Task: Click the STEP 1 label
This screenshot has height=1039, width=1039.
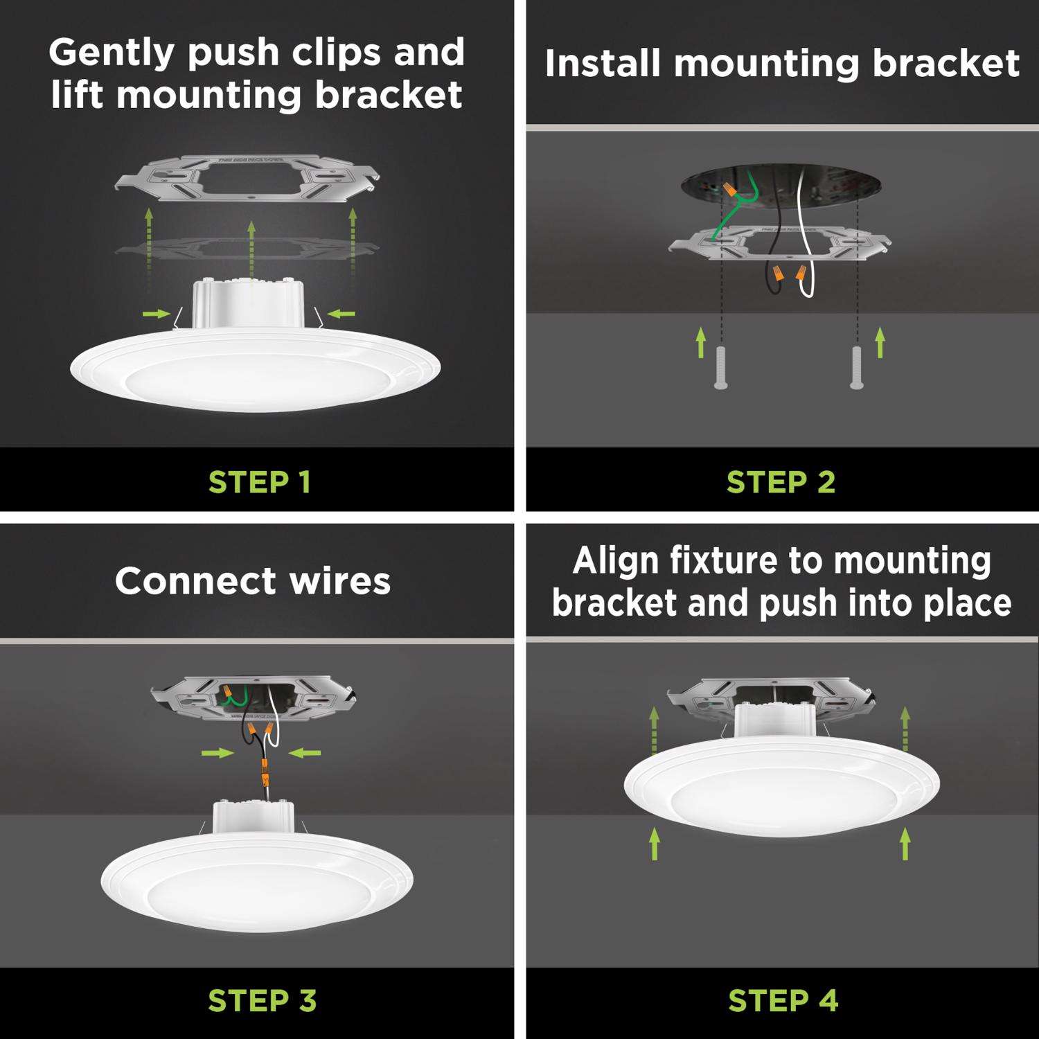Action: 259,482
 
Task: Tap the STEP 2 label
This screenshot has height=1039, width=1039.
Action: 781,482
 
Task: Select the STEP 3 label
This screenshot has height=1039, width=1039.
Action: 262,1001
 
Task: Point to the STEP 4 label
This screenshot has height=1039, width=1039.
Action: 783,1001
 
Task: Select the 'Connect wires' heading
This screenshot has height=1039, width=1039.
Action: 253,580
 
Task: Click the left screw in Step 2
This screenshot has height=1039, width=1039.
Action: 721,367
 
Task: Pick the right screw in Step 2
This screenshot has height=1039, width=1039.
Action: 857,367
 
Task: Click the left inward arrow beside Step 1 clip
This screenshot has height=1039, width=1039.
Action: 157,314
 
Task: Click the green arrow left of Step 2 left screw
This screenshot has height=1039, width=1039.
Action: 700,342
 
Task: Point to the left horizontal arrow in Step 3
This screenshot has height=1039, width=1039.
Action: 217,752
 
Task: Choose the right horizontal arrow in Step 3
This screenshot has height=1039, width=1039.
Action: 305,752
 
